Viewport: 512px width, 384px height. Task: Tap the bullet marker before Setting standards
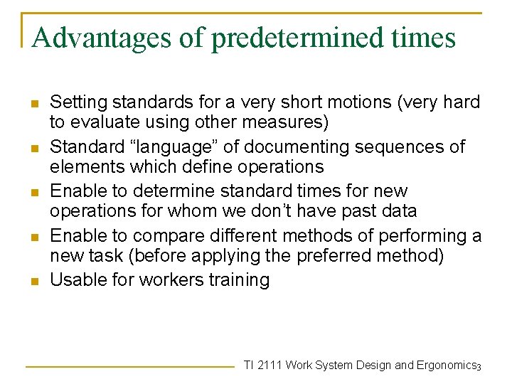pyautogui.click(x=33, y=103)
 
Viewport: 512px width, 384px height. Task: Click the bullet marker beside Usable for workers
pyautogui.click(x=33, y=281)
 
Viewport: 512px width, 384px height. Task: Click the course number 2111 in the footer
pyautogui.click(x=270, y=366)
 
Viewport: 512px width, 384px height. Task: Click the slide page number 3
pyautogui.click(x=479, y=367)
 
